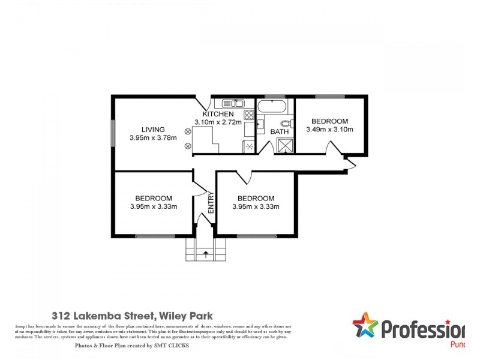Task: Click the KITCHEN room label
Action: [217, 114]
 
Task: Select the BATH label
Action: [280, 131]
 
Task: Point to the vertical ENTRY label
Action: [211, 202]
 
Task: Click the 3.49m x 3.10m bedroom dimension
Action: [329, 129]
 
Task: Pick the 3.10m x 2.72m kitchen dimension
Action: [222, 122]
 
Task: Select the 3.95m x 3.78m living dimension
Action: [153, 138]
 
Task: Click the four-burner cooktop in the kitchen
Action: [248, 114]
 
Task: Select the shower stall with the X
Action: [283, 145]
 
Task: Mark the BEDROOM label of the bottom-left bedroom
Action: [154, 199]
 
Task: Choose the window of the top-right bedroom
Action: [330, 96]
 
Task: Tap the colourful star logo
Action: [365, 326]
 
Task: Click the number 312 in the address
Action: [61, 315]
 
